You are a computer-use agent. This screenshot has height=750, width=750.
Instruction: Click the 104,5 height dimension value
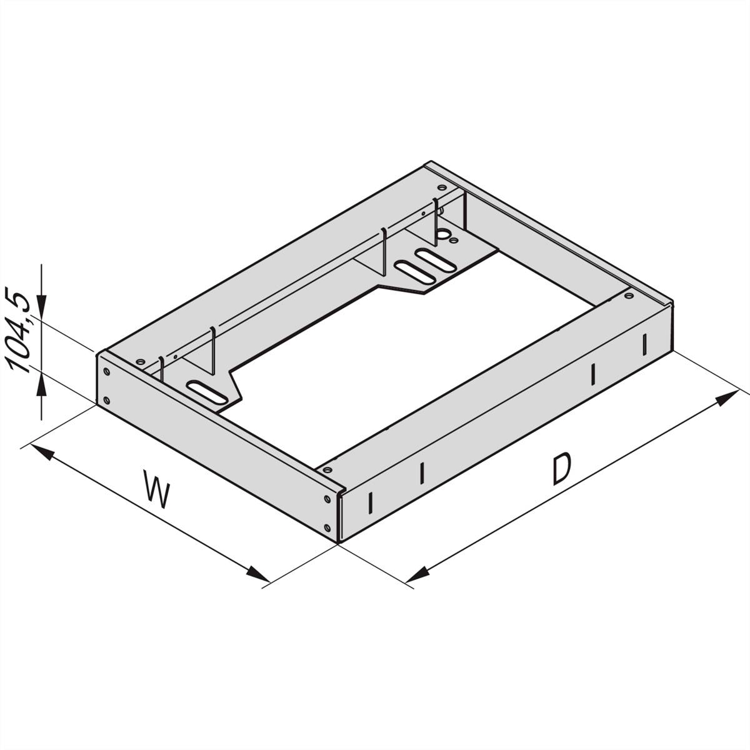point(22,332)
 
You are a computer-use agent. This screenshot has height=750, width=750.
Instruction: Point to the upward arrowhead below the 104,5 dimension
point(41,386)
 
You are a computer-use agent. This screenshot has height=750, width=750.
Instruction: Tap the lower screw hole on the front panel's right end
point(328,525)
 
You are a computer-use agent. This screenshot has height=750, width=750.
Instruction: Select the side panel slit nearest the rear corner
point(644,344)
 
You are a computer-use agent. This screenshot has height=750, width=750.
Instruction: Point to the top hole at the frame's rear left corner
point(442,187)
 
